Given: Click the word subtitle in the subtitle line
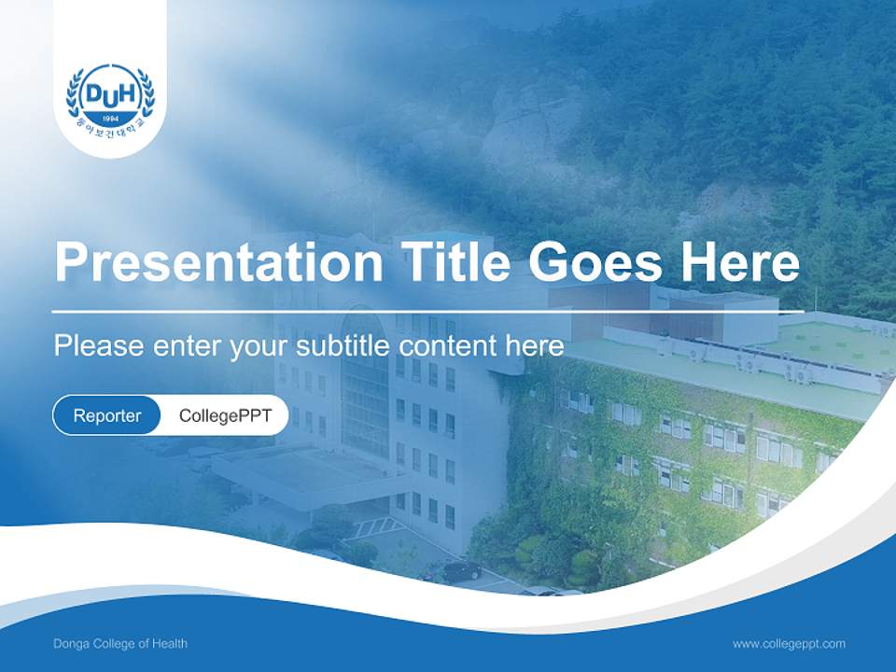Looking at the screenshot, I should click(345, 345).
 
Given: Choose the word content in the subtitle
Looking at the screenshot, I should click(447, 345).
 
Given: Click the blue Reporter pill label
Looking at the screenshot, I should click(106, 415).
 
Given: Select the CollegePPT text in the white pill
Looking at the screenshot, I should click(225, 415).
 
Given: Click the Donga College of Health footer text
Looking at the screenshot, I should click(120, 643).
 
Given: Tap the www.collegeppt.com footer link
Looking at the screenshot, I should click(789, 643).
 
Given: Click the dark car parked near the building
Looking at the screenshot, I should click(460, 570).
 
